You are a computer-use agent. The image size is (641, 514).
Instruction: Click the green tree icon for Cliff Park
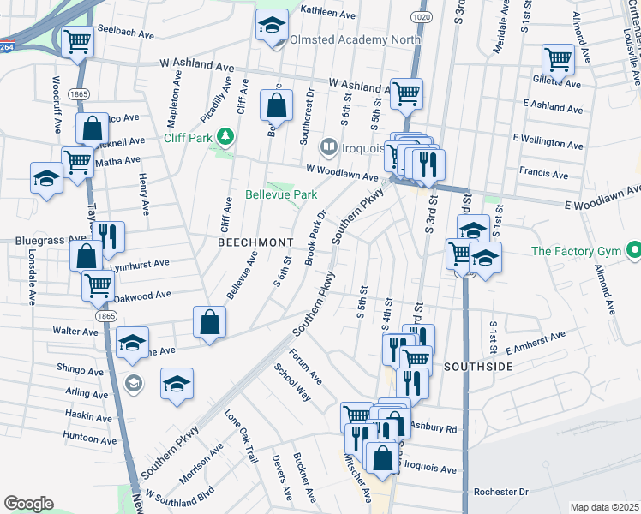[x=225, y=136]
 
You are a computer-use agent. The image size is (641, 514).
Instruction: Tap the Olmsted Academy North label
[x=356, y=39]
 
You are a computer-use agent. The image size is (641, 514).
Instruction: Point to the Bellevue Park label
[x=282, y=195]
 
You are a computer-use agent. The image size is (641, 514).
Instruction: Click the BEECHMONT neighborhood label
[x=255, y=242]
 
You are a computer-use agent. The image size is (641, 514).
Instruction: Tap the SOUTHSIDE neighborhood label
[x=478, y=366]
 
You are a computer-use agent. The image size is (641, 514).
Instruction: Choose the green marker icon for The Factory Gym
[x=633, y=251]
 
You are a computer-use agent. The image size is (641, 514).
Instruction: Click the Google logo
[x=28, y=503]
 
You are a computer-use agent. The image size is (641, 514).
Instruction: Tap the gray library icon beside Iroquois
[x=326, y=148]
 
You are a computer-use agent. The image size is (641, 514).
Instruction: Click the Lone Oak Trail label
[x=241, y=436]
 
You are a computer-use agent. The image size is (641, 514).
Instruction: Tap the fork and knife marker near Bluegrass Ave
[x=108, y=236]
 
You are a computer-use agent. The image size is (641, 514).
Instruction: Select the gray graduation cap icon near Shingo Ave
[x=133, y=381]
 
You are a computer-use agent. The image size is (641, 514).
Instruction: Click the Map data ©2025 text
[x=603, y=507]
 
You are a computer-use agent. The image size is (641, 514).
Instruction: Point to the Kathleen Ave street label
[x=327, y=15]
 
